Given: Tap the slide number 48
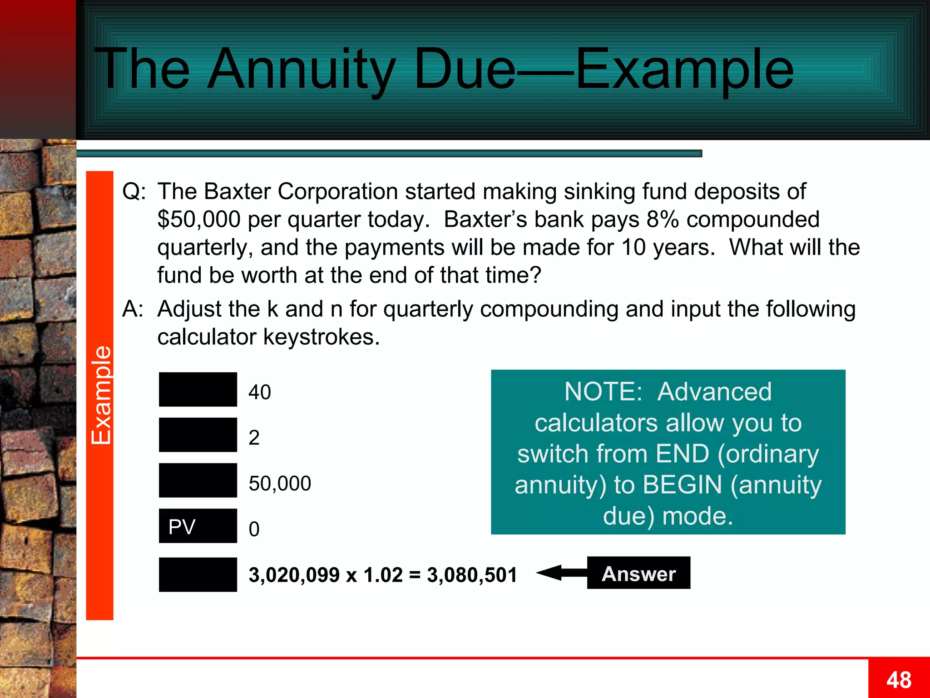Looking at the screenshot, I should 899,680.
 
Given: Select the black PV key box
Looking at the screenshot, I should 198,526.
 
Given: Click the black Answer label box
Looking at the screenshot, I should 638,573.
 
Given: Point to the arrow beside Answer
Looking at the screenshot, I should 561,573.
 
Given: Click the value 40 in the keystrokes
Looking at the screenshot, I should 260,392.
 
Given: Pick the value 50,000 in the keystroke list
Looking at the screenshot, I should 280,484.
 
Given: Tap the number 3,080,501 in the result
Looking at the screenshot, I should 472,575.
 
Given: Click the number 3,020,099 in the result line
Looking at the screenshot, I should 294,575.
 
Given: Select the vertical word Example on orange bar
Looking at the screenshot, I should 101,395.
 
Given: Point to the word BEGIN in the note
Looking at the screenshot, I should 683,485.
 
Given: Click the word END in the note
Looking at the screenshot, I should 683,454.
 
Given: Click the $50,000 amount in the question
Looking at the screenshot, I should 199,219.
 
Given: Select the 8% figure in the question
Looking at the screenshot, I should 663,219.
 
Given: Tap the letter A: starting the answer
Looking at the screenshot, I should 133,309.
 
